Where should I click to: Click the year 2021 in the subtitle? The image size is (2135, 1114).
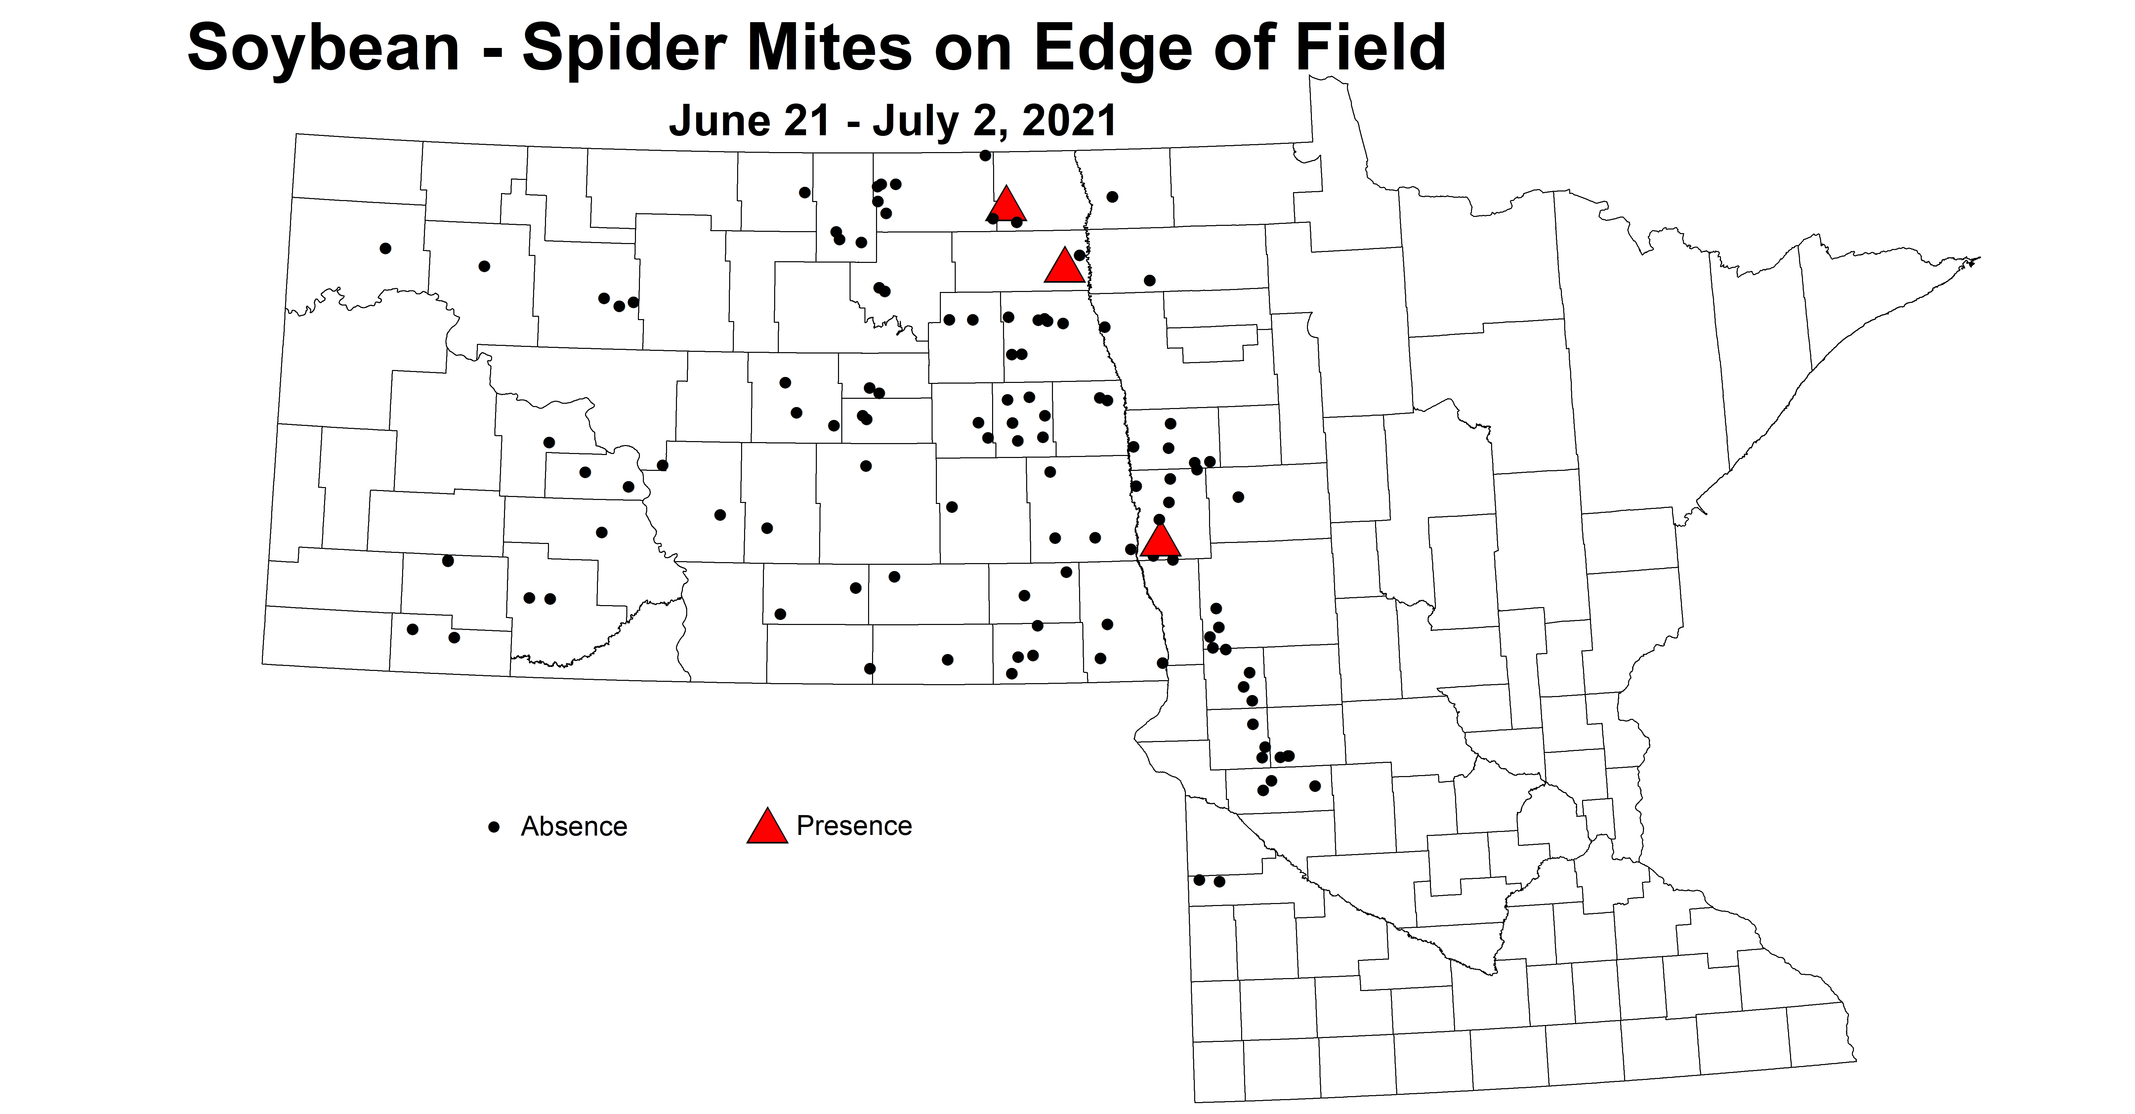[1069, 121]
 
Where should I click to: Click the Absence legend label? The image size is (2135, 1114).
[573, 826]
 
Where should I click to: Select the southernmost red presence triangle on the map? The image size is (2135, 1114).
[1160, 540]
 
